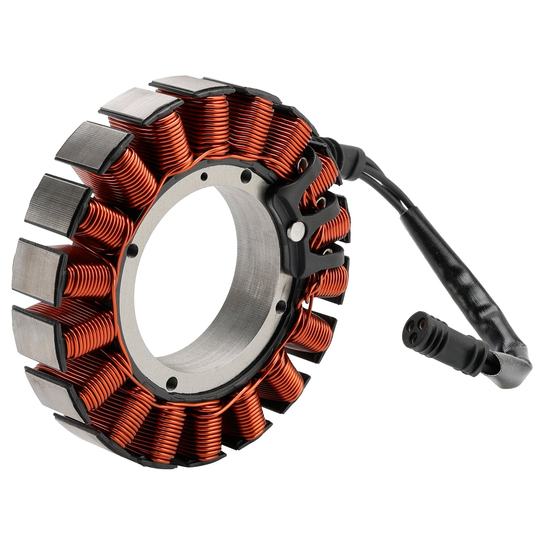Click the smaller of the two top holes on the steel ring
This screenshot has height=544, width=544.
click(x=204, y=176)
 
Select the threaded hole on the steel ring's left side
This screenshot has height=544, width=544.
click(x=133, y=247)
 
